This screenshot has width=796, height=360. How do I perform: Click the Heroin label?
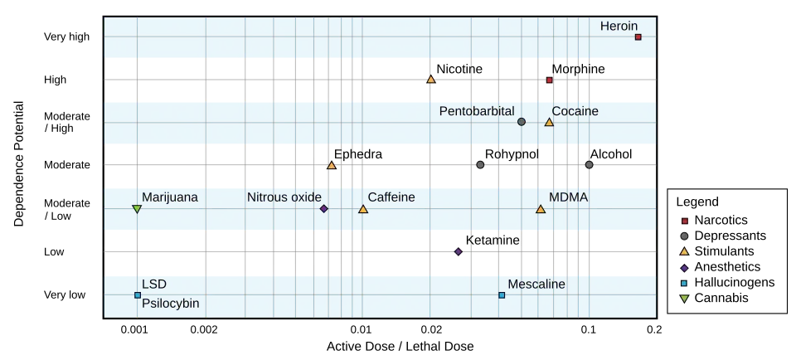[x=619, y=27]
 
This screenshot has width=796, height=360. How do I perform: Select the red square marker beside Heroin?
[x=638, y=36]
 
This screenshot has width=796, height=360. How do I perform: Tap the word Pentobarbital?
[x=477, y=111]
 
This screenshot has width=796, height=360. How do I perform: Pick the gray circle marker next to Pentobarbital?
[x=522, y=122]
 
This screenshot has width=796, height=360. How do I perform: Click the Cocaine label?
[x=575, y=111]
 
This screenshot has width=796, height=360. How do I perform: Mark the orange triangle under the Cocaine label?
[x=549, y=123]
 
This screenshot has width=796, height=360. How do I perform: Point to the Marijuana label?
[x=170, y=197]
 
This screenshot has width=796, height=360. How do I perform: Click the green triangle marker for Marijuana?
[x=137, y=209]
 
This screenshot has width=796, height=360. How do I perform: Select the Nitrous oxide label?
[x=284, y=197]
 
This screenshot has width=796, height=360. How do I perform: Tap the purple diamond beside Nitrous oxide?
[x=324, y=208]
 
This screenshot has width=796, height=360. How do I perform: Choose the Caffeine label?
[x=391, y=197]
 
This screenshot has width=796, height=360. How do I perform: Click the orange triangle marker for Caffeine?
[x=363, y=209]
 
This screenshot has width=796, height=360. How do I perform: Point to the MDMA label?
[x=569, y=197]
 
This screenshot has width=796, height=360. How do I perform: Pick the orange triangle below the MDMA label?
[x=541, y=209]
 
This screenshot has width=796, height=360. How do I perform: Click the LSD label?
[x=154, y=285]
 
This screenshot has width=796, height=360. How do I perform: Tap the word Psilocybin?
[x=171, y=304]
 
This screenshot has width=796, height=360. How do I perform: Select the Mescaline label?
[x=536, y=285]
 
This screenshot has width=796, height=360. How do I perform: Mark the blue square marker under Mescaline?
[x=502, y=295]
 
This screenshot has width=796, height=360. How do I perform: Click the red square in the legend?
[x=684, y=221]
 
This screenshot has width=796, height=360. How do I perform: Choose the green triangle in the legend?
[x=684, y=299]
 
